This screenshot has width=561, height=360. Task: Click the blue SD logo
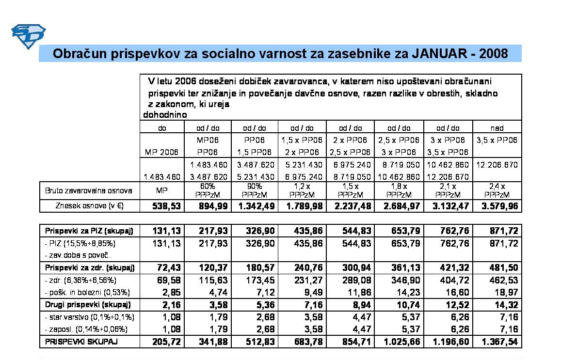coord(28,35)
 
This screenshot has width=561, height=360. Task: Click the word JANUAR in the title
coord(442,53)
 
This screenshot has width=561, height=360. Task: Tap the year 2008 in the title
coord(494,53)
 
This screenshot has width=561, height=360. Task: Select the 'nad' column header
coord(497,128)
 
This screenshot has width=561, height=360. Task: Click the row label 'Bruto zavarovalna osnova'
coord(89,189)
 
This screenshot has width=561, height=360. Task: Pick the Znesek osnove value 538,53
coord(162,206)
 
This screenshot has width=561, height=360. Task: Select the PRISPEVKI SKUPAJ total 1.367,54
coord(499,342)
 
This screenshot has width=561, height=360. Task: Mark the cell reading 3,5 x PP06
coord(497,141)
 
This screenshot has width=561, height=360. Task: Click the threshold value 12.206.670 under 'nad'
coord(497,165)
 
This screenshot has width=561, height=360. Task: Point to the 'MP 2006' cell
coord(162,153)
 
